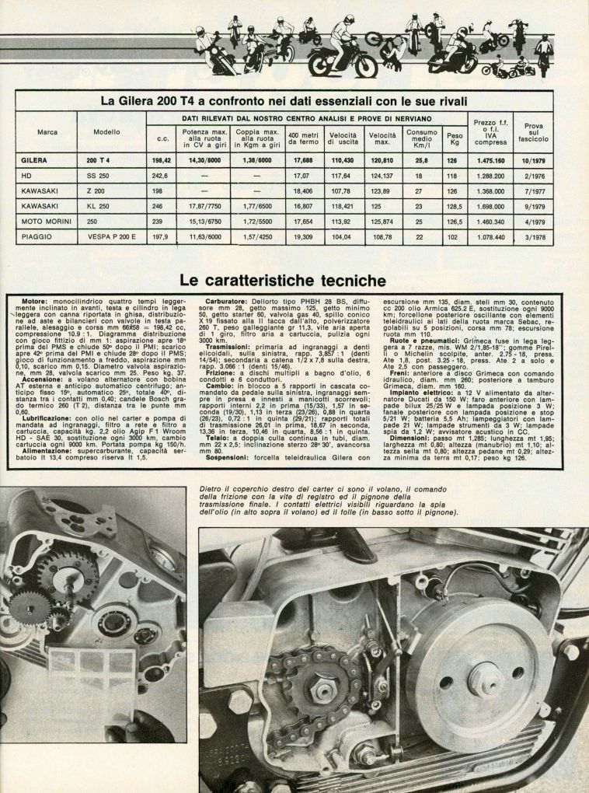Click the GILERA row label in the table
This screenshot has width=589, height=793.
pyautogui.click(x=36, y=159)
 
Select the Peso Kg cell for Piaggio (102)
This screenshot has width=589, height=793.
pyautogui.click(x=454, y=236)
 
